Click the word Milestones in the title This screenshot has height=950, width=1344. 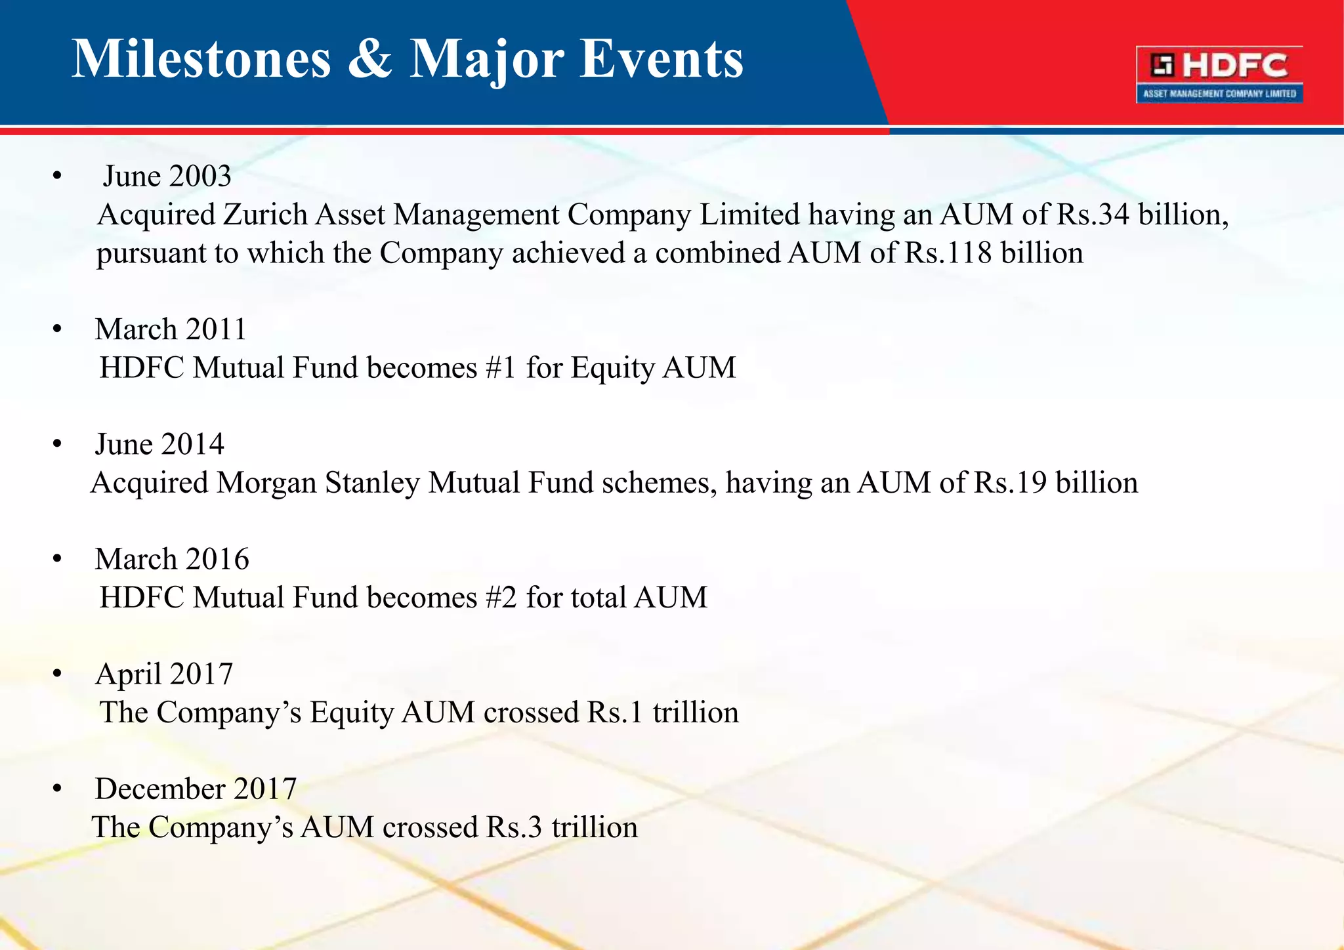tap(201, 59)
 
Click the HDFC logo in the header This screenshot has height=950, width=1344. tap(1219, 73)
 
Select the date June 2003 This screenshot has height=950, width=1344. tap(167, 176)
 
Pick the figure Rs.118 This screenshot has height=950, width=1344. tap(948, 253)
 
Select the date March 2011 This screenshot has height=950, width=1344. tap(171, 329)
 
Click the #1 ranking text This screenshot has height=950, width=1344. tap(501, 367)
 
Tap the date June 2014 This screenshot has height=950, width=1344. tap(159, 444)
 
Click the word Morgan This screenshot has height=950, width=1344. tap(266, 484)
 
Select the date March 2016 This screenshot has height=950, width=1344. tap(172, 559)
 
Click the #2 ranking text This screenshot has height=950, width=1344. tap(501, 598)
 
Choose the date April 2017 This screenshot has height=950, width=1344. tap(164, 674)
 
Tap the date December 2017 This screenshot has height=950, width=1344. tap(196, 789)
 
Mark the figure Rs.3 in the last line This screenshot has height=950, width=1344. tap(514, 827)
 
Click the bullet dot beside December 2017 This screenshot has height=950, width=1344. tap(58, 789)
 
